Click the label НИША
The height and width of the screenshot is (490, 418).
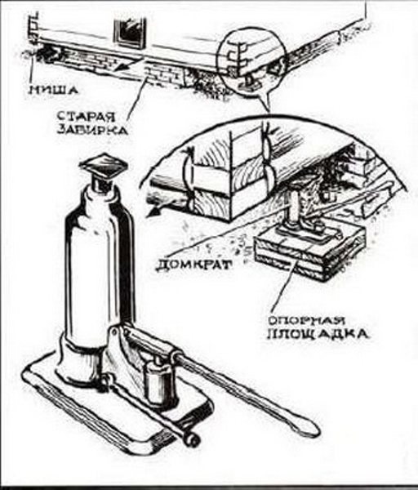click(x=53, y=91)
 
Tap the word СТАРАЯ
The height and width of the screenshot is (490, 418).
click(x=86, y=117)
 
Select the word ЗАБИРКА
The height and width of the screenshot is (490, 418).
click(x=93, y=129)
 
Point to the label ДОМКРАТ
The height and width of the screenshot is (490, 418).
click(x=193, y=265)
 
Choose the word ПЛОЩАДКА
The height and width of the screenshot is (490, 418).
click(x=318, y=334)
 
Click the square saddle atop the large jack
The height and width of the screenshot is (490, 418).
click(x=104, y=166)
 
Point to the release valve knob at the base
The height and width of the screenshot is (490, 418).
click(x=191, y=439)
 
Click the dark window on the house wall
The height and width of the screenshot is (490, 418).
click(x=131, y=33)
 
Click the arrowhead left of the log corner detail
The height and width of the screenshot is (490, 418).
click(x=153, y=212)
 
